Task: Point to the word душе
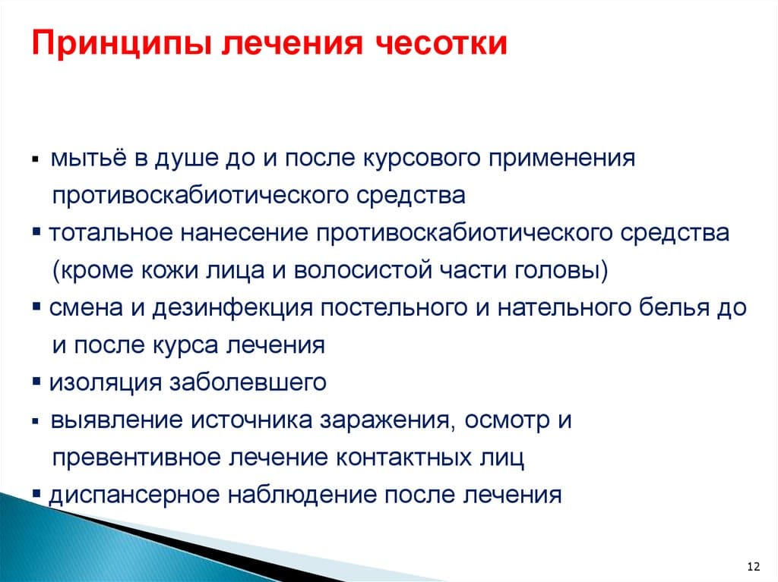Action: click(185, 159)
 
